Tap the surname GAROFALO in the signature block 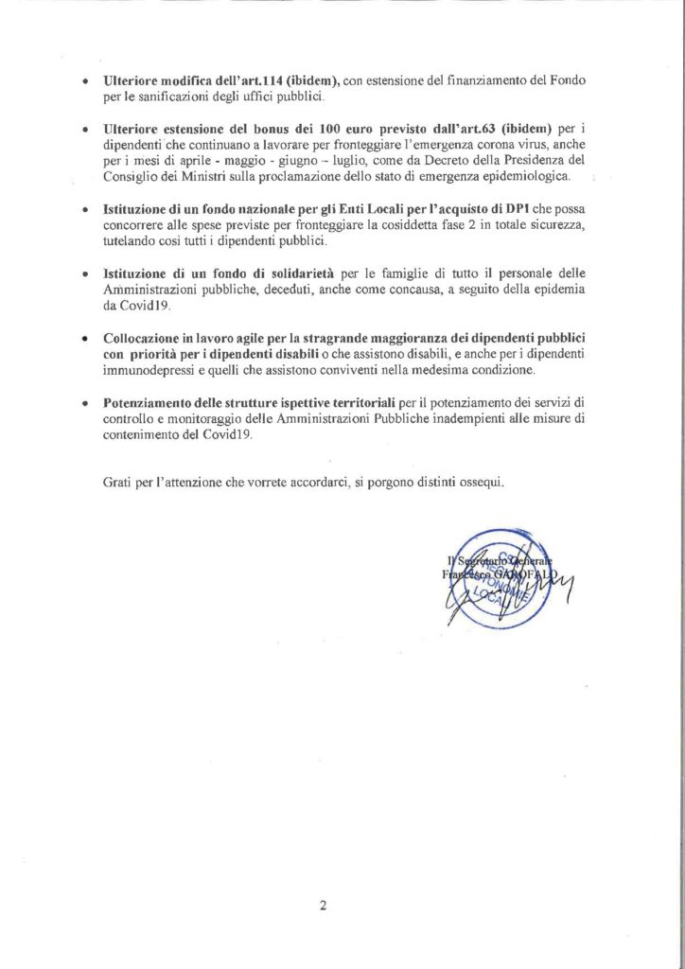tap(531, 573)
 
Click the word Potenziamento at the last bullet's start tap(149, 402)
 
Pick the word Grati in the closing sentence tap(117, 483)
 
